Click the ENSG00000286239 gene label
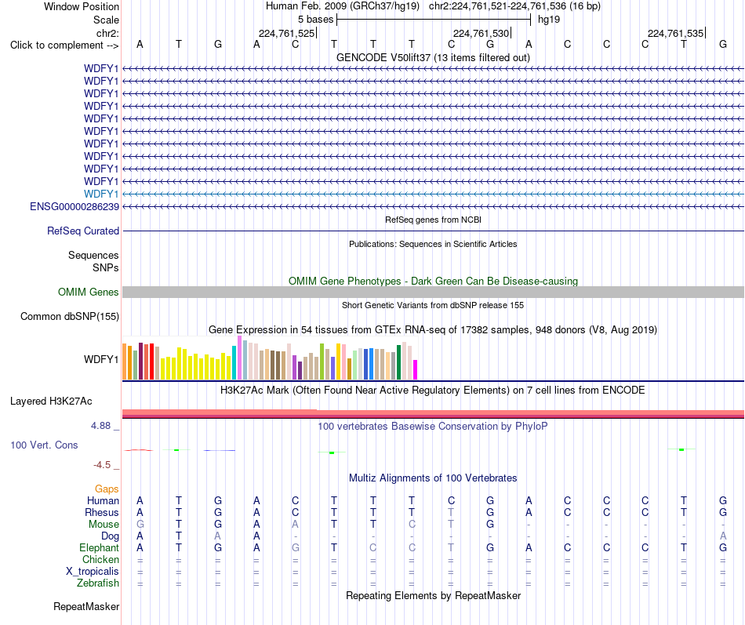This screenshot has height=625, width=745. coord(74,206)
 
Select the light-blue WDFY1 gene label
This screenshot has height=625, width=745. coord(101,194)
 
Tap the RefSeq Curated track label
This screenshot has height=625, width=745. coord(83,231)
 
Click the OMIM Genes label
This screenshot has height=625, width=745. coord(89,292)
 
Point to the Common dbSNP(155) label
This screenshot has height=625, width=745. coord(70,317)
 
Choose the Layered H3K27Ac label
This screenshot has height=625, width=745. coord(51,402)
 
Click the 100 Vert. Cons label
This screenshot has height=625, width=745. coord(44,445)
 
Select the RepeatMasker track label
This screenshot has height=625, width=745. coord(86,606)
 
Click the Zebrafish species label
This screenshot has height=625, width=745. coord(98,583)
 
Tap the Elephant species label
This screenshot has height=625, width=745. coord(100,547)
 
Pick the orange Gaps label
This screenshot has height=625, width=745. coord(107,489)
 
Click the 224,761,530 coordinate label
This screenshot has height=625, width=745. coord(481,33)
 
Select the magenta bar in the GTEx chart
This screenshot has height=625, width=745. coord(415,370)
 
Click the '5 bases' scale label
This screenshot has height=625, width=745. coord(316,20)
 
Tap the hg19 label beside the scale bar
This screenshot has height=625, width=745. coord(549,20)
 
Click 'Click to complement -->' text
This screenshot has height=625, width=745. coord(64,45)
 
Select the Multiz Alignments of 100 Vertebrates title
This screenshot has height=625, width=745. coord(433,478)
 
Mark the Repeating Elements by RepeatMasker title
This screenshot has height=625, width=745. coord(434,596)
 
